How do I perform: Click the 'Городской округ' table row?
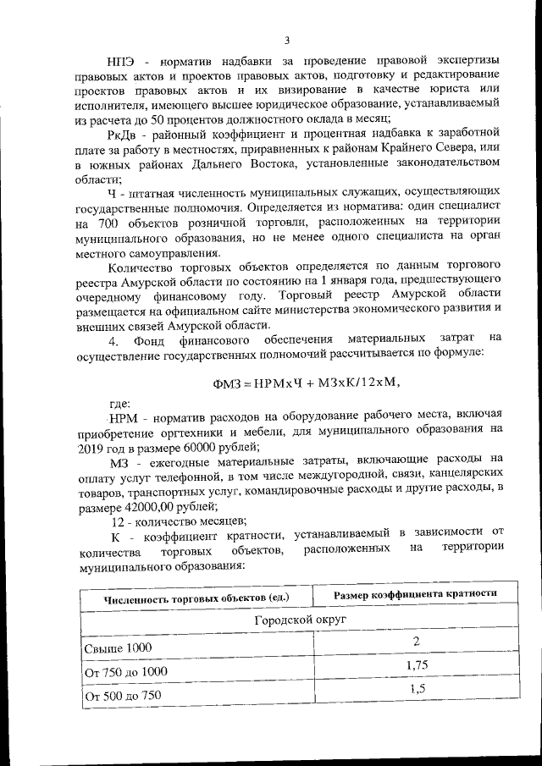coord(293,620)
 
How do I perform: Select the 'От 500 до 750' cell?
coord(122,696)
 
